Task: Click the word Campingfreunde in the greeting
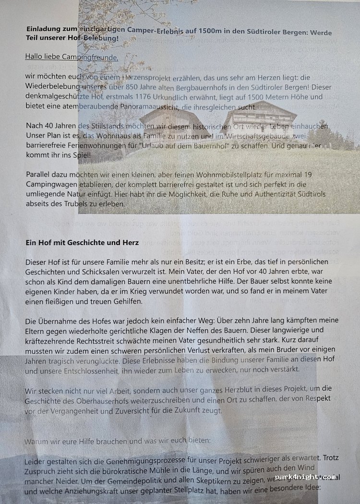coord(92,57)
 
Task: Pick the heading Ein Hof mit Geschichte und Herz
coord(82,243)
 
